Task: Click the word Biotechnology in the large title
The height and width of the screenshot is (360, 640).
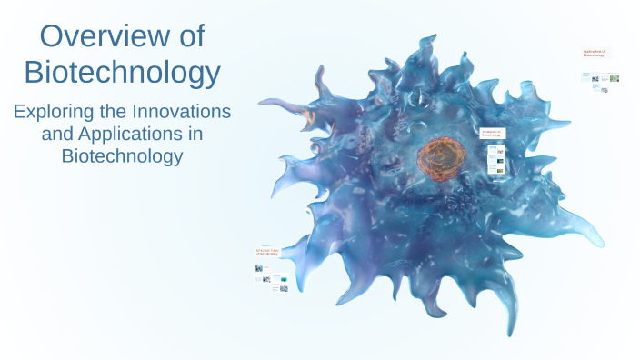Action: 122,72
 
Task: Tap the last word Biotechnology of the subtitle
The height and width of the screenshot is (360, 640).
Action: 122,155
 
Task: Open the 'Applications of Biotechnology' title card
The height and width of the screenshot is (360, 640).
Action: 595,54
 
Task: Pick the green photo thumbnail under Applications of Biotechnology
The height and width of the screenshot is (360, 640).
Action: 615,78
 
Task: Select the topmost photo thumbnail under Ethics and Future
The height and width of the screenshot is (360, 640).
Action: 260,269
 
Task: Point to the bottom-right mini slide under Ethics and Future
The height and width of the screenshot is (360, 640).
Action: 284,289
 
